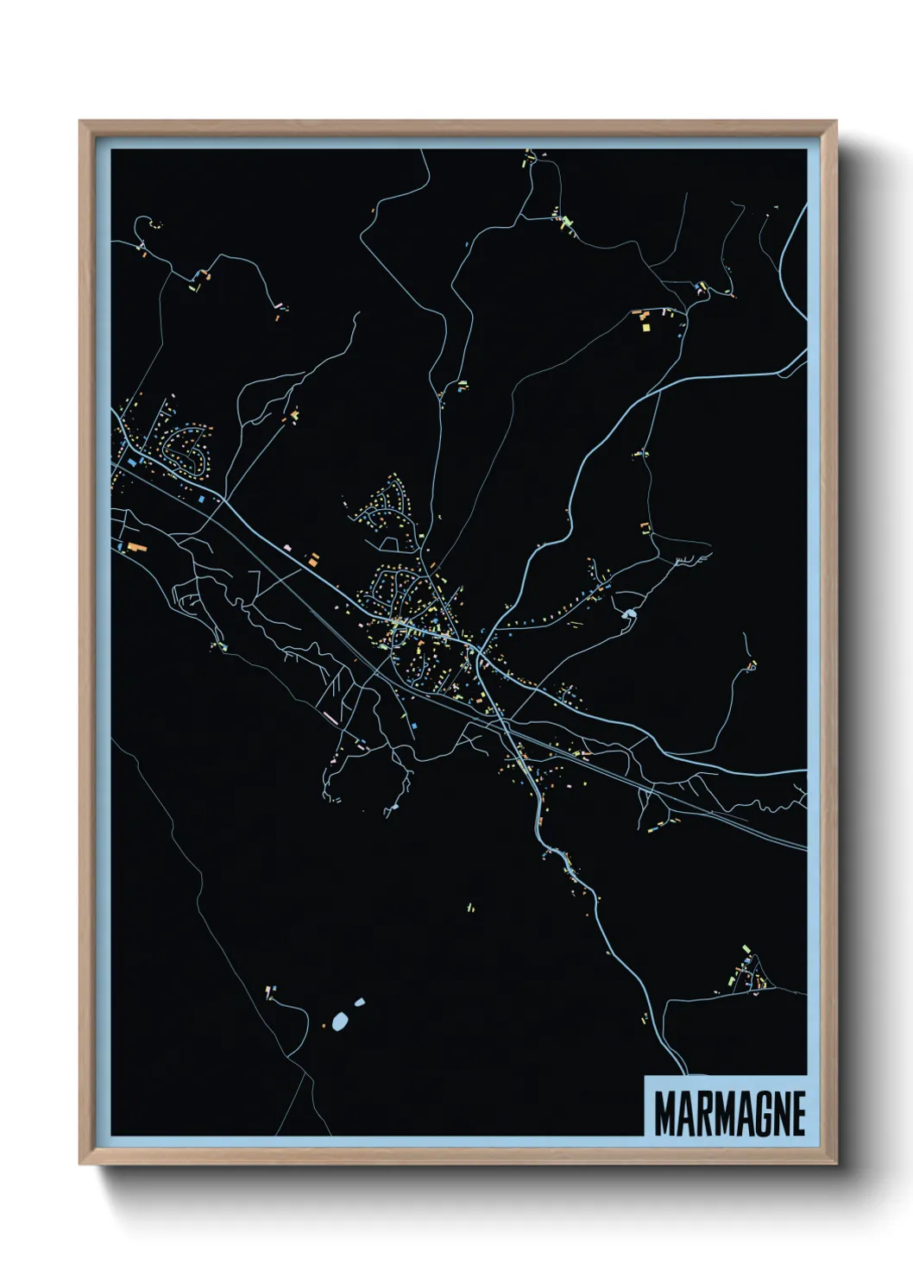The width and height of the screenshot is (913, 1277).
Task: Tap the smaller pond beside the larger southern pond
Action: click(x=359, y=1003)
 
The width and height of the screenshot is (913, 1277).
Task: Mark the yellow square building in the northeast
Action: click(x=644, y=326)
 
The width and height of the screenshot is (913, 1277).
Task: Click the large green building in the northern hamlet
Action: click(x=566, y=223)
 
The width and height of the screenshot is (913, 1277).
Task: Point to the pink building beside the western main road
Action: click(x=288, y=546)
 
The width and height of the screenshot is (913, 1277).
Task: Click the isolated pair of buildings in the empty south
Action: click(x=470, y=907)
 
